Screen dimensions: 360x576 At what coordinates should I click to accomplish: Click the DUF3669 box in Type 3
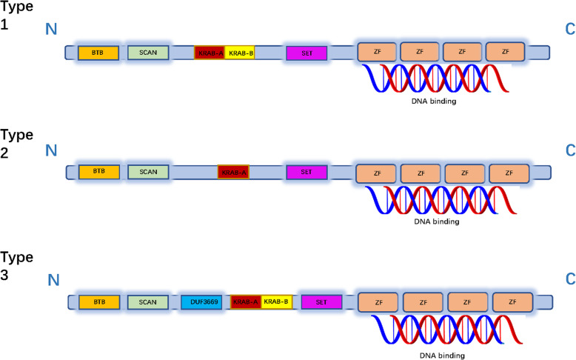201,302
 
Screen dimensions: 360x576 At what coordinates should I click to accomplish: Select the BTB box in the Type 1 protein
98,53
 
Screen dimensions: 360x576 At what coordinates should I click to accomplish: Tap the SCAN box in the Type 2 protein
148,172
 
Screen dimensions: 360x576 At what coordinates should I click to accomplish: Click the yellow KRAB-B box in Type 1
239,53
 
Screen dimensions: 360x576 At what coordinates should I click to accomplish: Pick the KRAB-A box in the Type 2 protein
233,172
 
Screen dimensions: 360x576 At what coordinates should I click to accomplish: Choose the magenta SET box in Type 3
321,302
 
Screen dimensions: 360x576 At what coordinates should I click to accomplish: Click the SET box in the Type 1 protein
307,53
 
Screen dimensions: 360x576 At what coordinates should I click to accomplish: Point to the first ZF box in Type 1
376,52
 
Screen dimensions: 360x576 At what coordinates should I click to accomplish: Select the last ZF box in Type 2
509,173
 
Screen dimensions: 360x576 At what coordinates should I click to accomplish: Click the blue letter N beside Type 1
52,28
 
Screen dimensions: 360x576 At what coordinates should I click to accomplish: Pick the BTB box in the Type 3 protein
99,302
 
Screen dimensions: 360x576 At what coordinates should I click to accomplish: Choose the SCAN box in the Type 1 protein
148,53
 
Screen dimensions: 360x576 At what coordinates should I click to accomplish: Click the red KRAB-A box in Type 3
245,302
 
